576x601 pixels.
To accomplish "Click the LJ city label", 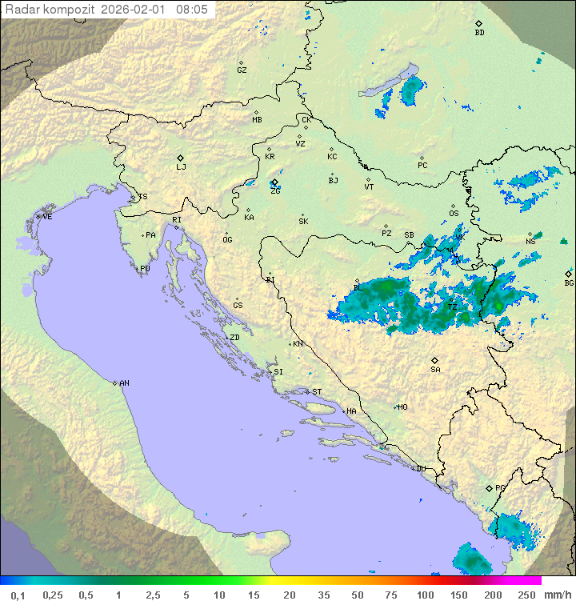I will (x=181, y=167).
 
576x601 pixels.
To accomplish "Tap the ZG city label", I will (x=275, y=191).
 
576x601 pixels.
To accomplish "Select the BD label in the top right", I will (x=479, y=33).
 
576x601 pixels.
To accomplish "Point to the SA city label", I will (x=435, y=370).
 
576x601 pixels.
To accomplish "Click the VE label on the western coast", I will (x=47, y=217).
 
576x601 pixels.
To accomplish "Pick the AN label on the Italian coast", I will (x=124, y=383).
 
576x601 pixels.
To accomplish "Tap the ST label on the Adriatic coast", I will (x=317, y=392).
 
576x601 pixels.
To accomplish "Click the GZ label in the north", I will (x=242, y=70).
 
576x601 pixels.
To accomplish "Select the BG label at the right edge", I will (x=569, y=282).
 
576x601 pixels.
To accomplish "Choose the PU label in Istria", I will (x=145, y=269).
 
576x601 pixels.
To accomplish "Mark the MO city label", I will (x=402, y=407).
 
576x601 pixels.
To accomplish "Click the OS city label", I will (x=454, y=214).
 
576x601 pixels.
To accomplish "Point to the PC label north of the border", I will (x=422, y=166).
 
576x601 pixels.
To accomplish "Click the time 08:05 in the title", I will (x=191, y=10).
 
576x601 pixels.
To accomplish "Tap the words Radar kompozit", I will (x=51, y=10).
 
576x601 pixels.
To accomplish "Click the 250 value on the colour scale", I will (x=526, y=595).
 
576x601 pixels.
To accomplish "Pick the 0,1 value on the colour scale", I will (x=18, y=595).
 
